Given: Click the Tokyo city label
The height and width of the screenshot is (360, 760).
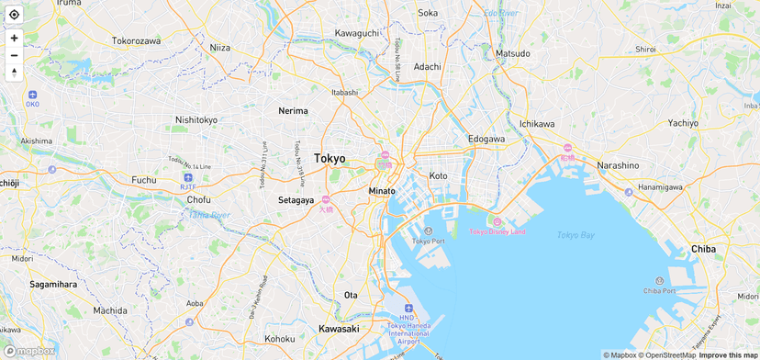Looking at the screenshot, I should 330,158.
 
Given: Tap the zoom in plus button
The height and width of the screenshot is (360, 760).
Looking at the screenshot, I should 14,38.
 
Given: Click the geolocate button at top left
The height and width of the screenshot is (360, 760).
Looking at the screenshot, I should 14,15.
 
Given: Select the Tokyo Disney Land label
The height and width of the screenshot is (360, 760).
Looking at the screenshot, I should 497,231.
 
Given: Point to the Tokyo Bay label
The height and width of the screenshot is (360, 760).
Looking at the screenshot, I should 576,235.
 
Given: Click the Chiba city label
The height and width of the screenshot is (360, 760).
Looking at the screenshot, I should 703,249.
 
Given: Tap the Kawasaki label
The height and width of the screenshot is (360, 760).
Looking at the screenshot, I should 339,329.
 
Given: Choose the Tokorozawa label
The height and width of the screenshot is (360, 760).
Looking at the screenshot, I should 136,40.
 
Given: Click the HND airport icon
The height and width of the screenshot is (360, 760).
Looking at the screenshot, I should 408,309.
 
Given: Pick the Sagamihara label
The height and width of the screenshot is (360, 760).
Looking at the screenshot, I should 53,285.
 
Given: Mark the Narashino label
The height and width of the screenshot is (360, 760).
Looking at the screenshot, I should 618,165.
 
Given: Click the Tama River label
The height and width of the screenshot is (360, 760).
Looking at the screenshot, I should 209,215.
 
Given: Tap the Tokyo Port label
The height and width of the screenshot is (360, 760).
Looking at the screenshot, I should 428,241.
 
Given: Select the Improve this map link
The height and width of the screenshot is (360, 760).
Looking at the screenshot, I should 728,355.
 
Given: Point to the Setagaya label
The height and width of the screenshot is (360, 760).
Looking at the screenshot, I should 296,199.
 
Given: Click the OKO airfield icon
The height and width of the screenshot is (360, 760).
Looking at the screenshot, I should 32,95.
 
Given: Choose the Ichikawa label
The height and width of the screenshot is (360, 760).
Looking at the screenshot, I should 537,123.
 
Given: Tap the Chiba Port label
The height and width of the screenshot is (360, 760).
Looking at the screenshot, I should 659,290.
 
